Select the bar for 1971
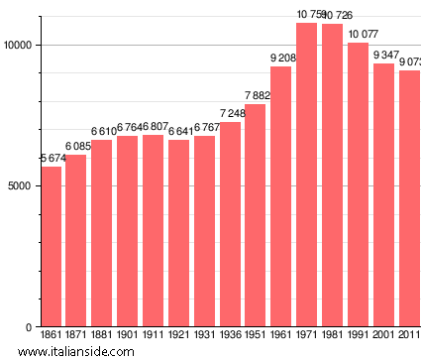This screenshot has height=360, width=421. pyautogui.click(x=306, y=175)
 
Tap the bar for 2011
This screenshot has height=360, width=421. pyautogui.click(x=409, y=198)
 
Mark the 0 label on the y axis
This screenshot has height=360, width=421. pyautogui.click(x=31, y=327)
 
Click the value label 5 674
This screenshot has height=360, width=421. pyautogui.click(x=51, y=159)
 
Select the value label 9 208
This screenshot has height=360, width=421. pyautogui.click(x=280, y=59)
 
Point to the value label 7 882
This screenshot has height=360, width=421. pyautogui.click(x=255, y=96)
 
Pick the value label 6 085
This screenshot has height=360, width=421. pyautogui.click(x=76, y=147)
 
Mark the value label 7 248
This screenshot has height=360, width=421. pyautogui.click(x=230, y=114)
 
